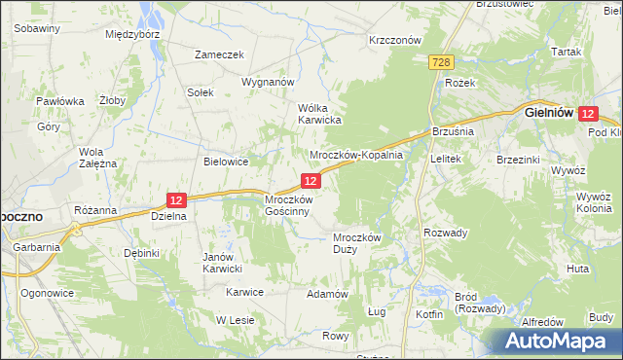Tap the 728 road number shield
click(x=441, y=62)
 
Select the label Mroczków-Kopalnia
click(x=355, y=156)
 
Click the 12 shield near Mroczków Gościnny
click(x=311, y=181)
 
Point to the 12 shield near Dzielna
click(x=175, y=199)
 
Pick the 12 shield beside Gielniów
click(x=587, y=114)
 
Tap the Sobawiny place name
click(x=38, y=28)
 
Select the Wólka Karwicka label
click(x=318, y=114)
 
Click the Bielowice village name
click(x=226, y=162)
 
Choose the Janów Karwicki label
click(x=222, y=263)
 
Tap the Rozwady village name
click(x=446, y=233)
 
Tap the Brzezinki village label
click(x=519, y=159)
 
